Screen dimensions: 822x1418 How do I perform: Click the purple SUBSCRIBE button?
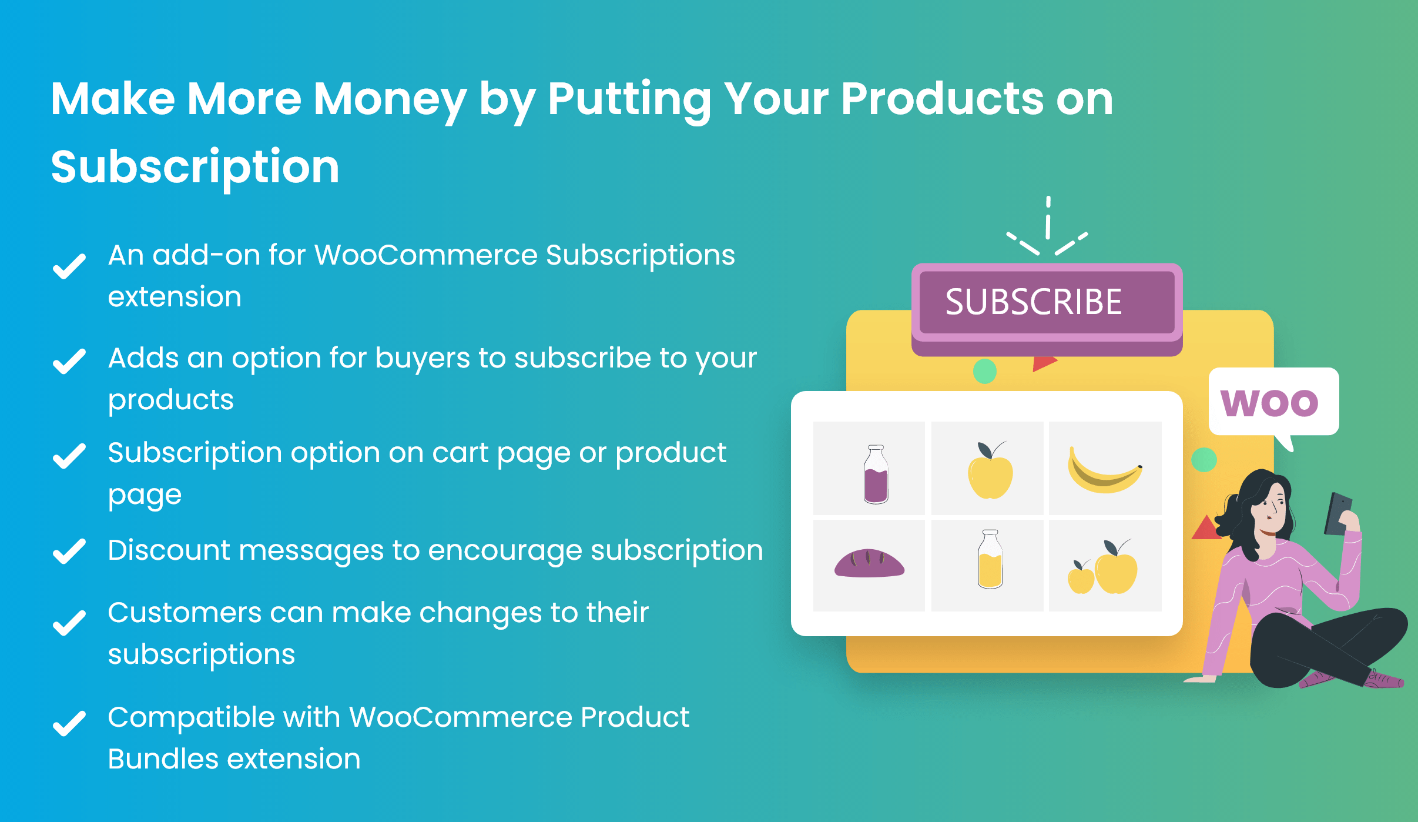(x=1046, y=303)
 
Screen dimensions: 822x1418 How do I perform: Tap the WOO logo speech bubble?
(x=1273, y=402)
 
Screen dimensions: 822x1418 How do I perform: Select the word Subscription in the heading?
(x=195, y=167)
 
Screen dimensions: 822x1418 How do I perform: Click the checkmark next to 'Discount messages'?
(x=69, y=552)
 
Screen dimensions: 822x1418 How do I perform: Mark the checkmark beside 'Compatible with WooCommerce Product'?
(x=69, y=723)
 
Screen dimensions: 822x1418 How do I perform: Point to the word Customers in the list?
(x=184, y=613)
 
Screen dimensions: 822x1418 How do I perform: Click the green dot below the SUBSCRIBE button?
(x=985, y=371)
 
